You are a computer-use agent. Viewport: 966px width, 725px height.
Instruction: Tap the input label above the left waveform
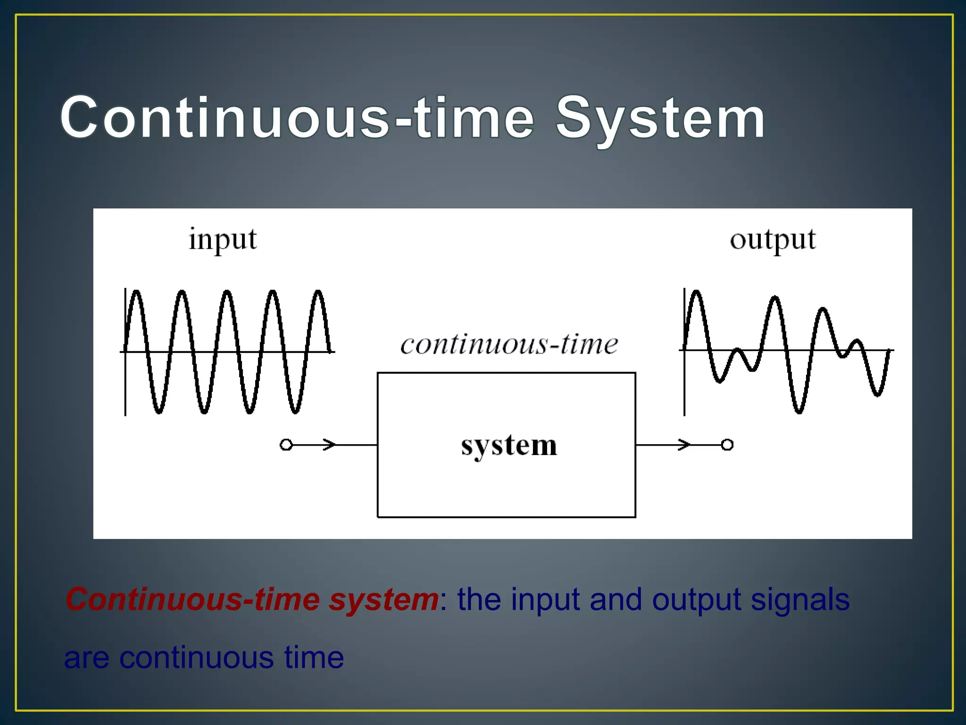pos(223,240)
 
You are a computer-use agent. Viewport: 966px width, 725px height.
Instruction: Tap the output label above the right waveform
pos(773,240)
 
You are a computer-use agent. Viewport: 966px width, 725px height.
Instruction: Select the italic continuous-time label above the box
pos(509,344)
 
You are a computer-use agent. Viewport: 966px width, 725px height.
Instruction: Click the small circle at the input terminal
pos(286,445)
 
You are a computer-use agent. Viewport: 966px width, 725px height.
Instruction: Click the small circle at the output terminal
pos(727,445)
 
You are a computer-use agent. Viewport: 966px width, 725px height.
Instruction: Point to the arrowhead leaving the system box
pos(684,445)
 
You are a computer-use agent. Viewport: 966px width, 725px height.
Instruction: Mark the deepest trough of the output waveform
pos(799,412)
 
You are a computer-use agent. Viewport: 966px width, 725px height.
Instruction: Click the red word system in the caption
pos(383,599)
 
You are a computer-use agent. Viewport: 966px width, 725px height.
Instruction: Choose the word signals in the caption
pos(800,599)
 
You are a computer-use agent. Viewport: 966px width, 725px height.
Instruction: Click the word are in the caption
pos(87,658)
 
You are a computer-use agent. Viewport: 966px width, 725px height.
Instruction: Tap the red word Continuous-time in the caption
pos(193,599)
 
